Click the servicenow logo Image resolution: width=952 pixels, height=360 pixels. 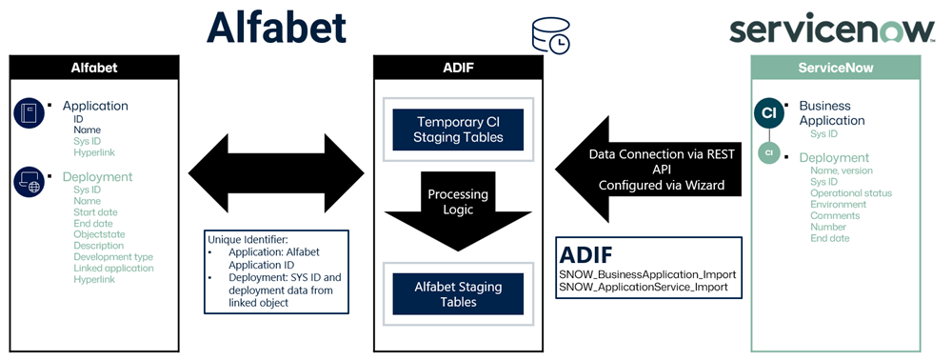tap(832, 30)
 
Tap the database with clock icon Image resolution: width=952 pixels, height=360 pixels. tap(550, 35)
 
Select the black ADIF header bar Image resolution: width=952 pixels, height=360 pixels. tap(459, 68)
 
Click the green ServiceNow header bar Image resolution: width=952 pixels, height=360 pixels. tap(836, 68)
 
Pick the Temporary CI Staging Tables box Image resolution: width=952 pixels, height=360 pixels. tap(459, 130)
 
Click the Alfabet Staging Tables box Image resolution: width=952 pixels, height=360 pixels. tap(459, 294)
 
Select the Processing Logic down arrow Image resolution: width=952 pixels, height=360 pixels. tap(459, 210)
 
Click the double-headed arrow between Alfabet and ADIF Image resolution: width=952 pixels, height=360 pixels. tap(276, 173)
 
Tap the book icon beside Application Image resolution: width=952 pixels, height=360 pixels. tap(30, 113)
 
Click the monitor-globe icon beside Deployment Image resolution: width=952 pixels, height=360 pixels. tap(30, 182)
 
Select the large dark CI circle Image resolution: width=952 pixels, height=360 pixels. tap(769, 113)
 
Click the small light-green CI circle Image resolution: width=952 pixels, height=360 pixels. tap(769, 153)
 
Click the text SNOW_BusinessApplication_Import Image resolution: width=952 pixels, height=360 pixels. tap(647, 273)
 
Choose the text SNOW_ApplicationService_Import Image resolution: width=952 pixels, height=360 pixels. tap(644, 287)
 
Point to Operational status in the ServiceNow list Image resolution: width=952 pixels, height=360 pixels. tap(851, 193)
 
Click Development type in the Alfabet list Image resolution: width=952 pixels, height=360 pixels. tap(113, 257)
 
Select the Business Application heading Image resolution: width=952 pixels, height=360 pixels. tap(832, 113)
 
